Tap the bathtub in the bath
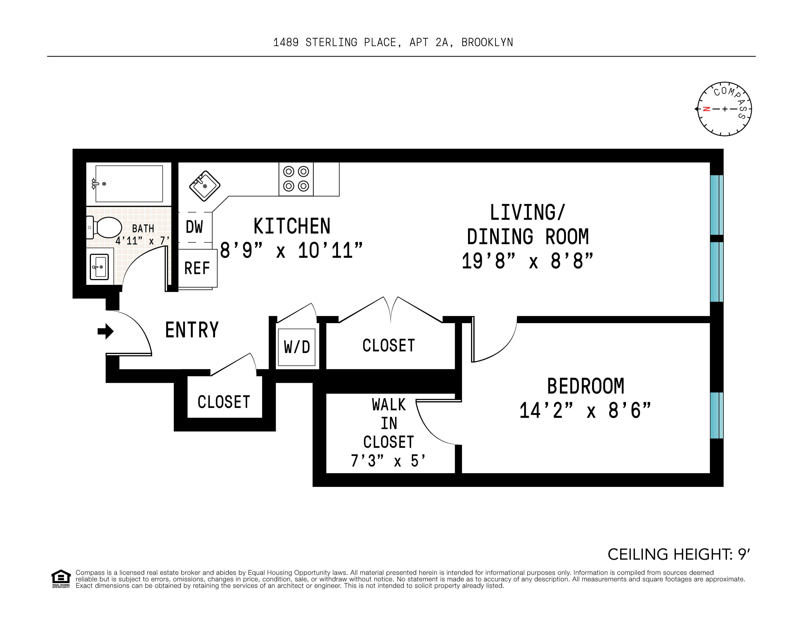(129, 184)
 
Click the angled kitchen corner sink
(205, 186)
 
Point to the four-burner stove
(296, 179)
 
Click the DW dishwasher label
(194, 227)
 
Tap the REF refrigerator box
(197, 268)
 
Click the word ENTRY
(192, 330)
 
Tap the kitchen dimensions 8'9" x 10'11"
(291, 251)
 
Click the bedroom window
(716, 415)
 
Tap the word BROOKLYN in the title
(487, 43)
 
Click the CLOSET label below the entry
(224, 402)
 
